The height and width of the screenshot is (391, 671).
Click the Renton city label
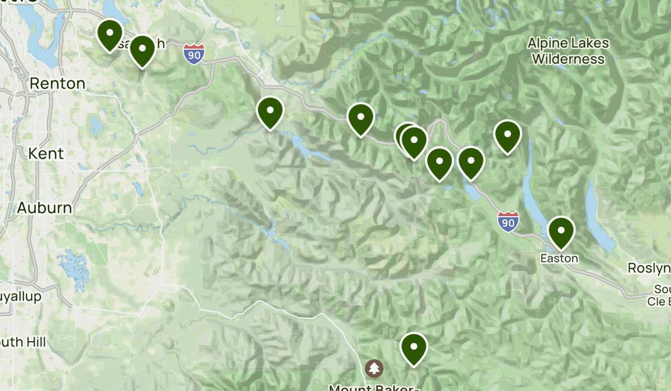pyautogui.click(x=57, y=84)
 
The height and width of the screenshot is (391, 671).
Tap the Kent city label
pyautogui.click(x=46, y=153)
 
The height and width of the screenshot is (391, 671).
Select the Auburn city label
pyautogui.click(x=44, y=208)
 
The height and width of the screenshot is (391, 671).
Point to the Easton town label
pyautogui.click(x=559, y=259)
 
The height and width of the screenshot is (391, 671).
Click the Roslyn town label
pyautogui.click(x=649, y=269)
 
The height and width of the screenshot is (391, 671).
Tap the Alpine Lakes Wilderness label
pyautogui.click(x=568, y=51)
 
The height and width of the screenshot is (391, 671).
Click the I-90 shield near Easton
pyautogui.click(x=507, y=221)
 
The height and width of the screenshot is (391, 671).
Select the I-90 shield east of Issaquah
pyautogui.click(x=193, y=55)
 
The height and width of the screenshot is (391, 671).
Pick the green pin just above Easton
pyautogui.click(x=561, y=232)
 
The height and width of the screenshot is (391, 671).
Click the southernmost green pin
pyautogui.click(x=414, y=347)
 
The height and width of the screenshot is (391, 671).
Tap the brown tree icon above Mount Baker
pyautogui.click(x=374, y=368)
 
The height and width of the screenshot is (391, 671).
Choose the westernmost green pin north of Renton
pyautogui.click(x=110, y=35)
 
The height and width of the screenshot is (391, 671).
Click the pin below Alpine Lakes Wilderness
pyautogui.click(x=507, y=136)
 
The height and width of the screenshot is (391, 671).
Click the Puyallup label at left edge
pyautogui.click(x=20, y=297)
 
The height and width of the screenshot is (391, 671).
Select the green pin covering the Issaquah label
pyautogui.click(x=142, y=50)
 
